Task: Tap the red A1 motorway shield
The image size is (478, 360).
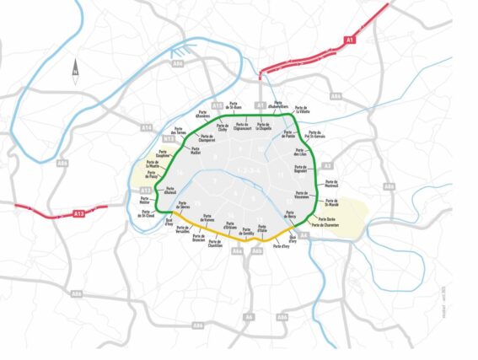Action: [x=350, y=40]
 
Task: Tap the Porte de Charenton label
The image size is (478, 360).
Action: [x=330, y=225]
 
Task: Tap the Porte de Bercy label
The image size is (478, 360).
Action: [x=291, y=214]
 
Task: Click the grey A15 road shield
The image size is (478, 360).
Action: [x=217, y=105]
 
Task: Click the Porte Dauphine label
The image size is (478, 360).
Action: [x=169, y=153]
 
